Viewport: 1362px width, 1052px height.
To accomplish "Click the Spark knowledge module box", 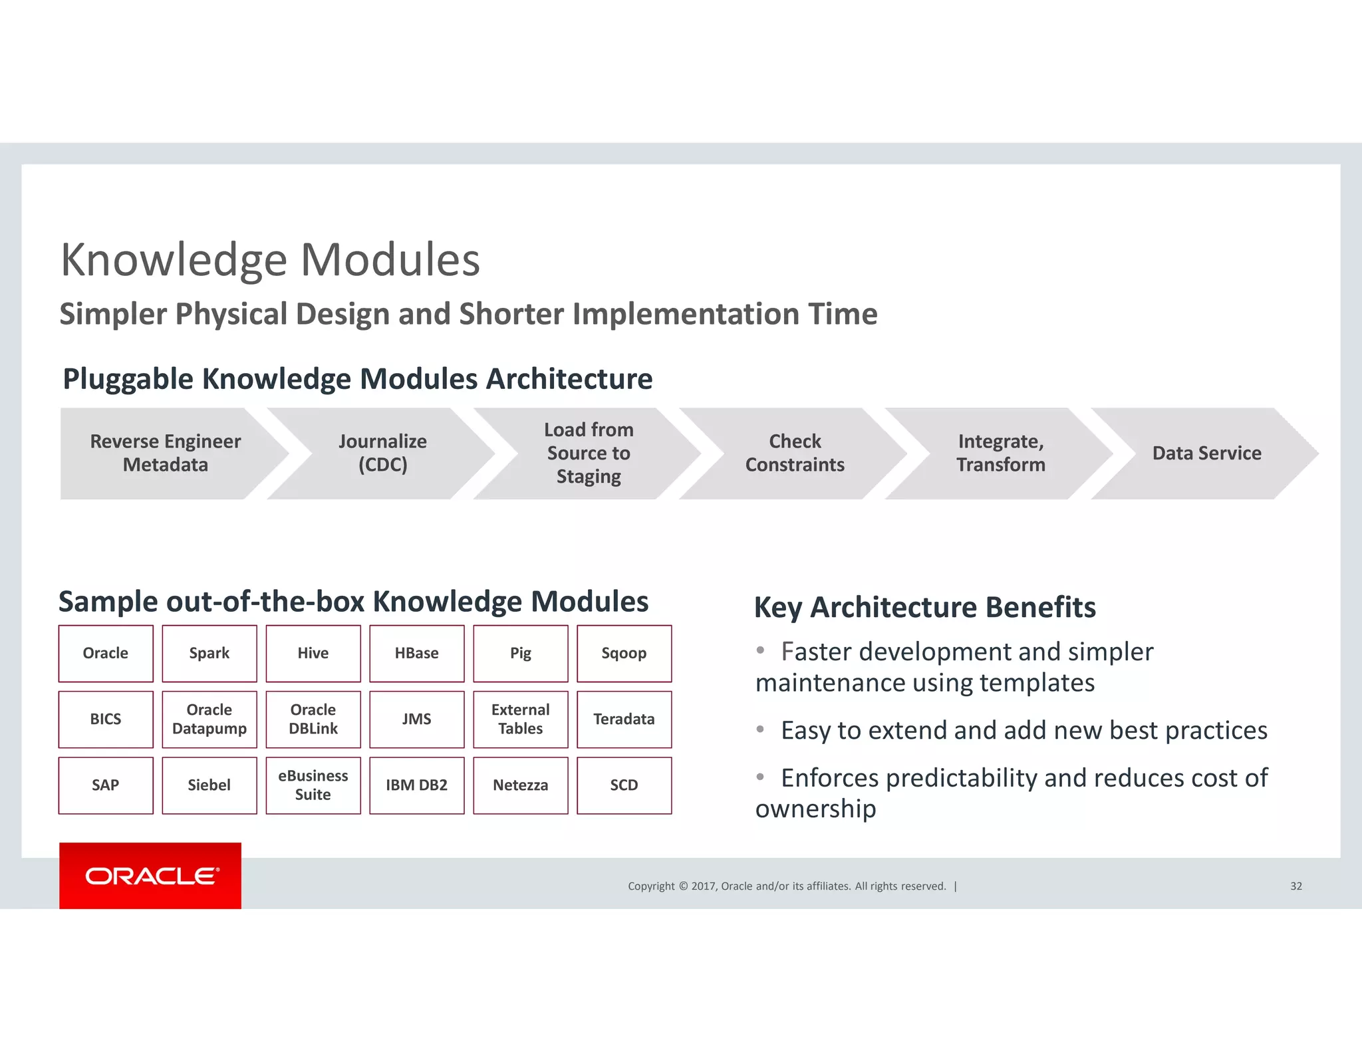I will pos(209,653).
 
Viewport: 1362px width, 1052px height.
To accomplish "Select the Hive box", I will pos(313,653).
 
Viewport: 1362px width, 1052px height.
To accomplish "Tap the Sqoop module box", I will pos(624,653).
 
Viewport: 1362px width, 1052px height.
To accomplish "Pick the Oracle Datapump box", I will pos(209,719).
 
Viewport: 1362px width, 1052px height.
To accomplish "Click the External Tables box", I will pos(521,719).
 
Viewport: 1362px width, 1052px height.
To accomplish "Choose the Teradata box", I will pos(624,719).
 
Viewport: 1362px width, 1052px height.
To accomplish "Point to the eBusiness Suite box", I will pos(313,785).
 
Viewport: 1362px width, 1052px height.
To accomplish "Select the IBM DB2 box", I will pos(417,785).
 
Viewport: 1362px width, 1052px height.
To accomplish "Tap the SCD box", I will pos(624,785).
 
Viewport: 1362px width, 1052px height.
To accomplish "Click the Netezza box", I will pos(521,785).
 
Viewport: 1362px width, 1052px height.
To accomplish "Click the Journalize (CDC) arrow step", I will pos(383,453).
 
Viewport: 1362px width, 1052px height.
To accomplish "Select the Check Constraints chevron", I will pos(795,453).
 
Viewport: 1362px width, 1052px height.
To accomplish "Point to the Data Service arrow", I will pos(1206,453).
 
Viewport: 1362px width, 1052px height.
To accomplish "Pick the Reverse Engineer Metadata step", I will pos(166,453).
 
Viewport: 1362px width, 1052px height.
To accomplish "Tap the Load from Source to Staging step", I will pos(589,453).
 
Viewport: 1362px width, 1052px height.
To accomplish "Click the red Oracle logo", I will pos(150,875).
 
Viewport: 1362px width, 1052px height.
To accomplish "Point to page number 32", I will pos(1295,886).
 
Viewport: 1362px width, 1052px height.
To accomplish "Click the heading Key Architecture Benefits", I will pos(924,607).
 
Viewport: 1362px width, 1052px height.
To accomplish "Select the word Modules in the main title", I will pos(390,259).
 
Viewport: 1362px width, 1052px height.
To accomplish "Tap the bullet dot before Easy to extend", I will pos(760,729).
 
